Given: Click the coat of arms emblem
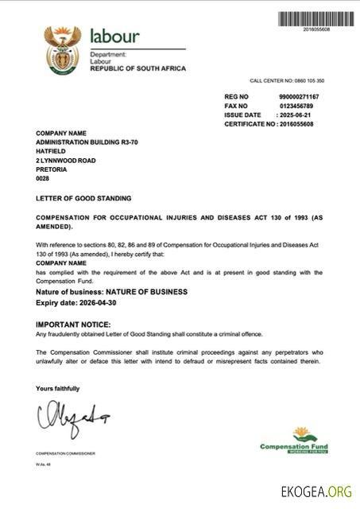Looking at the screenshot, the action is coord(63,50).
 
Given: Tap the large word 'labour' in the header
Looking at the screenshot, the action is coord(114,36).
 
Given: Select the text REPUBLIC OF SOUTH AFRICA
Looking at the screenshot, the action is coord(137,68).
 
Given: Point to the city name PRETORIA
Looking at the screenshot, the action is coord(52,169).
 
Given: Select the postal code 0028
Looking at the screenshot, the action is coord(43,179).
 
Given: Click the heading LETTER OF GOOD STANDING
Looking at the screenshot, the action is coord(83,198).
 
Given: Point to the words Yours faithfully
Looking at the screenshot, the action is coord(58,388).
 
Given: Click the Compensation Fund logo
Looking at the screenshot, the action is coord(293,440).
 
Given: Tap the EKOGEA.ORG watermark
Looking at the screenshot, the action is coord(316,492).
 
